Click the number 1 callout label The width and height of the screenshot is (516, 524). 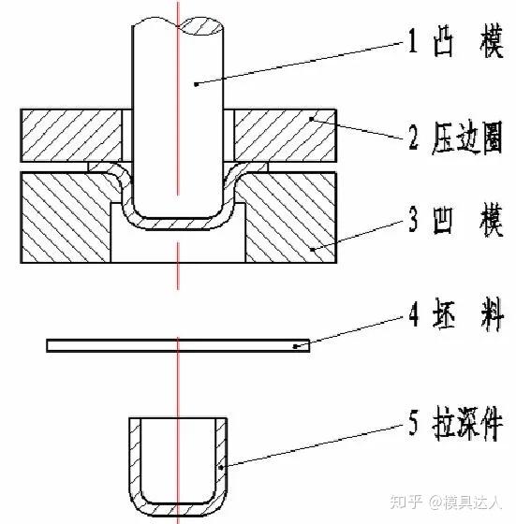click(x=413, y=40)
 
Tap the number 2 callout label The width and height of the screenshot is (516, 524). click(x=414, y=136)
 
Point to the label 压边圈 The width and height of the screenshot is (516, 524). click(x=467, y=138)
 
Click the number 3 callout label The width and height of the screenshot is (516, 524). click(x=413, y=220)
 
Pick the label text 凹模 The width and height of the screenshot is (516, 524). click(x=468, y=220)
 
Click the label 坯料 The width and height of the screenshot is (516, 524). click(x=467, y=316)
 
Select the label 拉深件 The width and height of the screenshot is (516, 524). click(x=467, y=423)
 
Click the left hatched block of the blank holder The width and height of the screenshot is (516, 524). click(x=71, y=136)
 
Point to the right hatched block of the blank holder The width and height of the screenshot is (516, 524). click(x=285, y=136)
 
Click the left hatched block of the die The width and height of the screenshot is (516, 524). click(x=66, y=217)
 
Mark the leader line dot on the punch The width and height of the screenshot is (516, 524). click(x=197, y=84)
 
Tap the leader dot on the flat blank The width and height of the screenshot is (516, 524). click(x=295, y=346)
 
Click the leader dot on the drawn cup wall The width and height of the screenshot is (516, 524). click(x=221, y=467)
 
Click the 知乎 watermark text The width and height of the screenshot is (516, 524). click(x=405, y=502)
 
